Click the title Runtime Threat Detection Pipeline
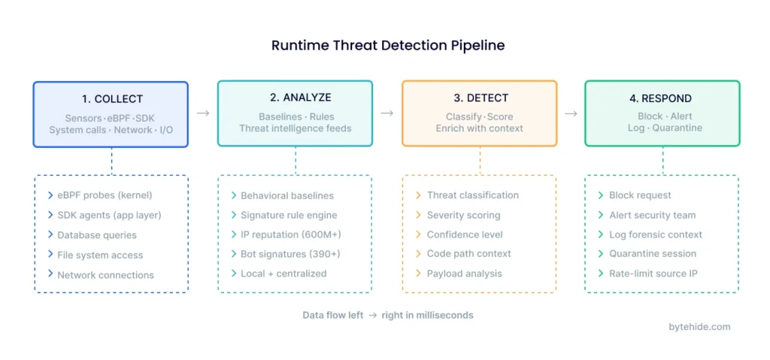(388, 46)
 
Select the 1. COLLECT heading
(112, 98)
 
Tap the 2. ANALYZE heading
(296, 98)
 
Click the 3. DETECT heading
(480, 98)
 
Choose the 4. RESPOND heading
(662, 98)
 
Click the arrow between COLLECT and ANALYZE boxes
(203, 113)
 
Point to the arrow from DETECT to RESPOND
(571, 113)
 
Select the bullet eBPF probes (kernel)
(105, 195)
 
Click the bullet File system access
(100, 255)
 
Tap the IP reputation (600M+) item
(290, 234)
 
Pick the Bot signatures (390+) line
(290, 254)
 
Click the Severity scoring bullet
(463, 215)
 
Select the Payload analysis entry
(464, 274)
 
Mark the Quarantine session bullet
(653, 254)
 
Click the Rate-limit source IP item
(653, 274)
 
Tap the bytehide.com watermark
(699, 326)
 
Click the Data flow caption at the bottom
(388, 315)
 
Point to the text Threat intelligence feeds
(296, 129)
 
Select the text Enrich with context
(480, 129)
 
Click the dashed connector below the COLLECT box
(111, 161)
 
